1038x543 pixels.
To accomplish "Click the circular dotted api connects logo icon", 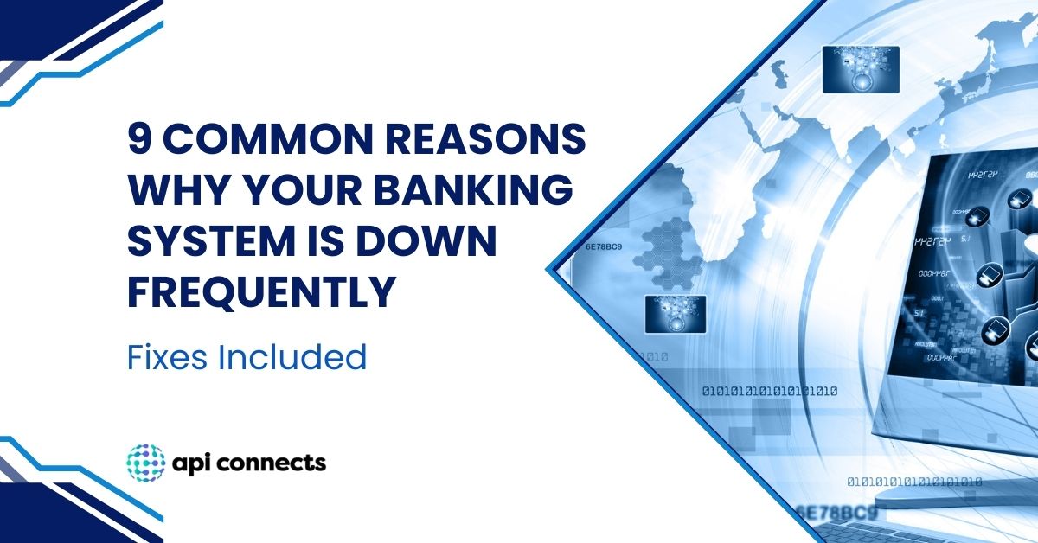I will tap(144, 463).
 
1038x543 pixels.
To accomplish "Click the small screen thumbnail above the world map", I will tap(859, 69).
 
